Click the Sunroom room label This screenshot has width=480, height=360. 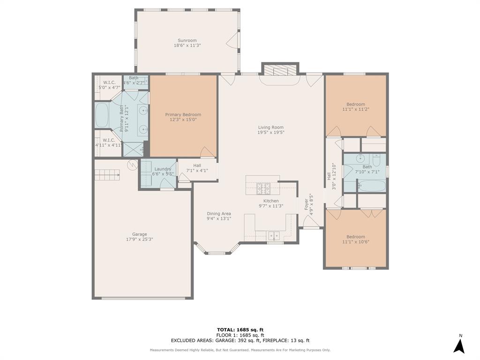click(187, 40)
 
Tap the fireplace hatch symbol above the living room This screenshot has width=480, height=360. click(280, 70)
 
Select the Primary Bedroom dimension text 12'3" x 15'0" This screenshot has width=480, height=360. click(183, 120)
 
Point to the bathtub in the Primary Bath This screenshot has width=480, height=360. click(102, 115)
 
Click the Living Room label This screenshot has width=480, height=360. click(271, 127)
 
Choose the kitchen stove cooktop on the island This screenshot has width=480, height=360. click(263, 188)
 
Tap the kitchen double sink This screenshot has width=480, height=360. click(274, 236)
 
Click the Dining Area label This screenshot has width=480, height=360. click(219, 214)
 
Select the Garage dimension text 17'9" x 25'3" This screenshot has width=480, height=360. click(140, 240)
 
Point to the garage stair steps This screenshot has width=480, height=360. click(107, 175)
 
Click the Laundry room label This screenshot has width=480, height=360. click(163, 169)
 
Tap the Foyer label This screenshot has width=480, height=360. click(306, 204)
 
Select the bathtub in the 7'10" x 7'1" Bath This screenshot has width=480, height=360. click(372, 186)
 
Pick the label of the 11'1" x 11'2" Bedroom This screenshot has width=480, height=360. click(356, 104)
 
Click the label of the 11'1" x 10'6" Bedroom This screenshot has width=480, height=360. click(356, 237)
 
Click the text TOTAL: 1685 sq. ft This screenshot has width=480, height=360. click(240, 330)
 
